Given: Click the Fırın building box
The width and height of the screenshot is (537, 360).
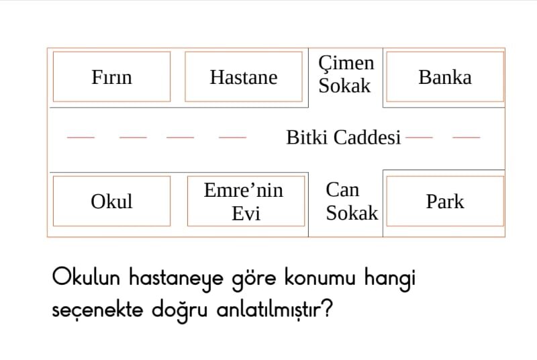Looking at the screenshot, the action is [111, 77].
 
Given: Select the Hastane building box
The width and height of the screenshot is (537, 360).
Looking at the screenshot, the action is [244, 77].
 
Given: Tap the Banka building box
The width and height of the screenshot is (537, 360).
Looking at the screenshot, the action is [445, 77].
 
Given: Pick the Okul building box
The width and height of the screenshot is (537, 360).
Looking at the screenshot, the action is [111, 201].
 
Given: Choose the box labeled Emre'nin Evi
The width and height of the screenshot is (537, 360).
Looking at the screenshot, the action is [246, 201].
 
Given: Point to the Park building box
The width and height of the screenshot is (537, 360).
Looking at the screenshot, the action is [445, 201].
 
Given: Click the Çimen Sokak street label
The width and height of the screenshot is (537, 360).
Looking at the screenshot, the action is [346, 74].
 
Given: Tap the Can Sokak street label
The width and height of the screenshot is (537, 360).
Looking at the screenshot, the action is [352, 201].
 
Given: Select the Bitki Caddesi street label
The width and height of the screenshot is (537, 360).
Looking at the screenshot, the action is [343, 138].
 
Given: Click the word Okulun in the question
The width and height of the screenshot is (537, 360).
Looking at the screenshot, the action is [86, 277].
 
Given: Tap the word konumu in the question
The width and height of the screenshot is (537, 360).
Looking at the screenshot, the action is [320, 277].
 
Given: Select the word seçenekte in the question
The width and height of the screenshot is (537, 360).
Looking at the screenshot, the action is [97, 310].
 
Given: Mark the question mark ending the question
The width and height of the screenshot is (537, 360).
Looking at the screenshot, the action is [328, 309].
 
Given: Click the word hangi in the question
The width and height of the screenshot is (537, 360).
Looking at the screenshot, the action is [390, 279].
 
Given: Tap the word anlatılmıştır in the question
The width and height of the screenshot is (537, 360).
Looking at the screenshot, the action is [269, 310].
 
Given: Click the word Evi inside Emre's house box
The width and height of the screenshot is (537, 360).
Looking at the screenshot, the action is [246, 214].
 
